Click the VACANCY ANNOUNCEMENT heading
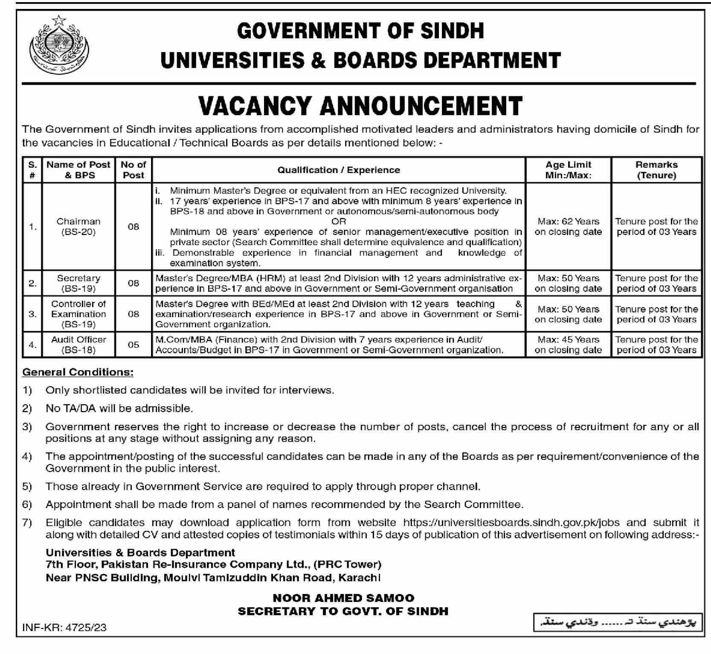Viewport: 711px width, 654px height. point(360,106)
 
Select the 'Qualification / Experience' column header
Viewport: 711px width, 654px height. point(338,170)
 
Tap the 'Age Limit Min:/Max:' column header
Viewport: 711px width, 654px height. point(568,170)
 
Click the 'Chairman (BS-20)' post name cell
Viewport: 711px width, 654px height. point(78,227)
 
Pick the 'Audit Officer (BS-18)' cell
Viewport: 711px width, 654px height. point(78,345)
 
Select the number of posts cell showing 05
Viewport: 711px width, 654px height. point(133,345)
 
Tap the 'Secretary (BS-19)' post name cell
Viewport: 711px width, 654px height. point(78,284)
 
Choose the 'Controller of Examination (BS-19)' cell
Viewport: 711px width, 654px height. point(78,314)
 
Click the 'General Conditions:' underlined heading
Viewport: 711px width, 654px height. point(78,372)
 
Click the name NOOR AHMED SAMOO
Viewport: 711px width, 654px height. point(343,598)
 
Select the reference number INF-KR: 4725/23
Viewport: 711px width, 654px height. point(64,628)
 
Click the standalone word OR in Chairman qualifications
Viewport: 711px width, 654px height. point(339,222)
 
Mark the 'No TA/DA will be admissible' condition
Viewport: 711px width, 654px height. point(119,408)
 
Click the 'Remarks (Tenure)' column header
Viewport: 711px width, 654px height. point(656,170)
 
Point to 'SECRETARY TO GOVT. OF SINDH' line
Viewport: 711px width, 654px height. point(343,611)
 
